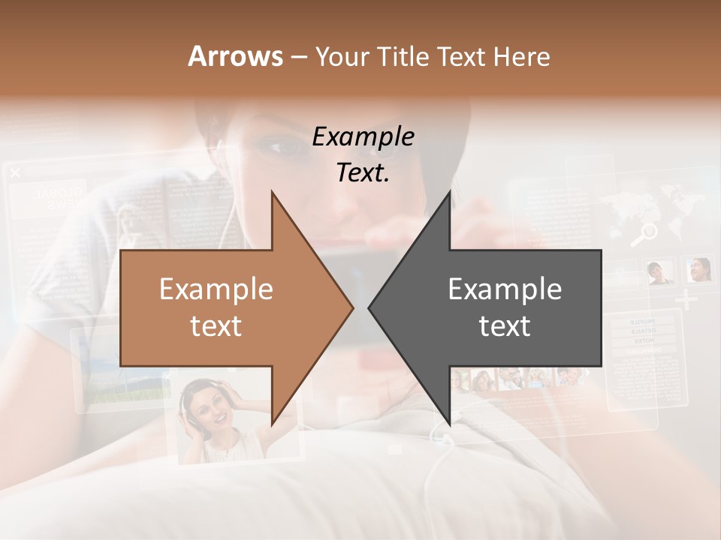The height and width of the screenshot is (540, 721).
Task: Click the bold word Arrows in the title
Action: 236,56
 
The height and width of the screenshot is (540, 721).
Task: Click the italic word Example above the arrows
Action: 363,136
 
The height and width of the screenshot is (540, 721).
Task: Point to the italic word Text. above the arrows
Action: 363,172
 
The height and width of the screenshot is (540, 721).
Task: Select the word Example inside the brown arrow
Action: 216,289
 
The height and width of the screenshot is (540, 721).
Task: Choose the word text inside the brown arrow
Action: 216,326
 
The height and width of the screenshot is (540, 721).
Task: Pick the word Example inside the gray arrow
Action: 505,289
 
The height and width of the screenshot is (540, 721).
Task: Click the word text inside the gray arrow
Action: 505,326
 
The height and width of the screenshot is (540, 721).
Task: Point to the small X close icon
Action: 15,173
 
